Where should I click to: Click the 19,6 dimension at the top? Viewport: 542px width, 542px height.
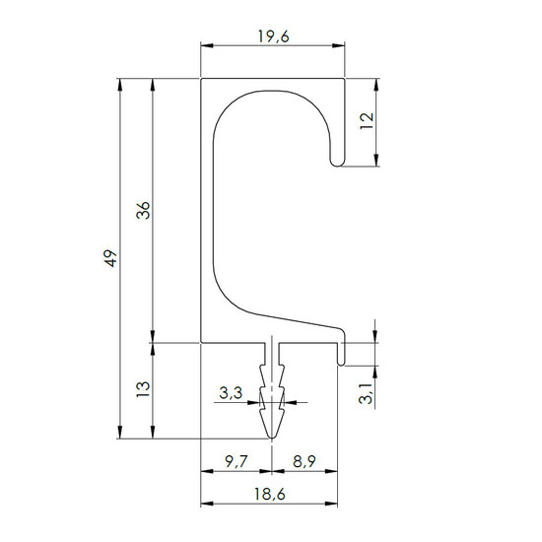pos(273,36)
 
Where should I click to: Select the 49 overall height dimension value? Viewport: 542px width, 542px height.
pos(110,258)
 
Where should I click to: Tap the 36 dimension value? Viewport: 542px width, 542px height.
pos(143,210)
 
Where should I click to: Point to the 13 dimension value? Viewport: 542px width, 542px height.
pos(143,389)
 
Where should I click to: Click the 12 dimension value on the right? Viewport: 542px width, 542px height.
pos(367,121)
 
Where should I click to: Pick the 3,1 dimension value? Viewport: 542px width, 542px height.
pos(366,393)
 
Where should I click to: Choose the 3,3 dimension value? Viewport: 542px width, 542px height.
pos(231,393)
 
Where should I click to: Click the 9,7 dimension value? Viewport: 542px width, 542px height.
pos(237,461)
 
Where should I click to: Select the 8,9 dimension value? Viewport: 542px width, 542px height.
pos(305,461)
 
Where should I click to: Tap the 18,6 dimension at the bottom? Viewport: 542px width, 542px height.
pos(270,495)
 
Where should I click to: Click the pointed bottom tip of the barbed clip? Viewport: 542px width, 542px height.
pos(272,439)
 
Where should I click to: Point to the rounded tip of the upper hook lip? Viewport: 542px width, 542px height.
pos(338,164)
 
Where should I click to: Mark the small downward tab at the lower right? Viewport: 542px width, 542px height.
pos(341,354)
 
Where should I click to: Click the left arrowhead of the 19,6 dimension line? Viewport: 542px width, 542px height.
pos(207,45)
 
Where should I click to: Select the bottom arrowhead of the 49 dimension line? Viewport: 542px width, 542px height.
pos(120,433)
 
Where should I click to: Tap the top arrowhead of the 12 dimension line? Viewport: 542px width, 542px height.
pos(376,85)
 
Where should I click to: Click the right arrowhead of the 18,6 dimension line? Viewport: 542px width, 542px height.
pos(331,504)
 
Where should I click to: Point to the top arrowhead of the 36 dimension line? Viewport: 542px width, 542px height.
pos(153,85)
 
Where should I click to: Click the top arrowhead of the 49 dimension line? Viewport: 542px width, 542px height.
pos(120,85)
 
